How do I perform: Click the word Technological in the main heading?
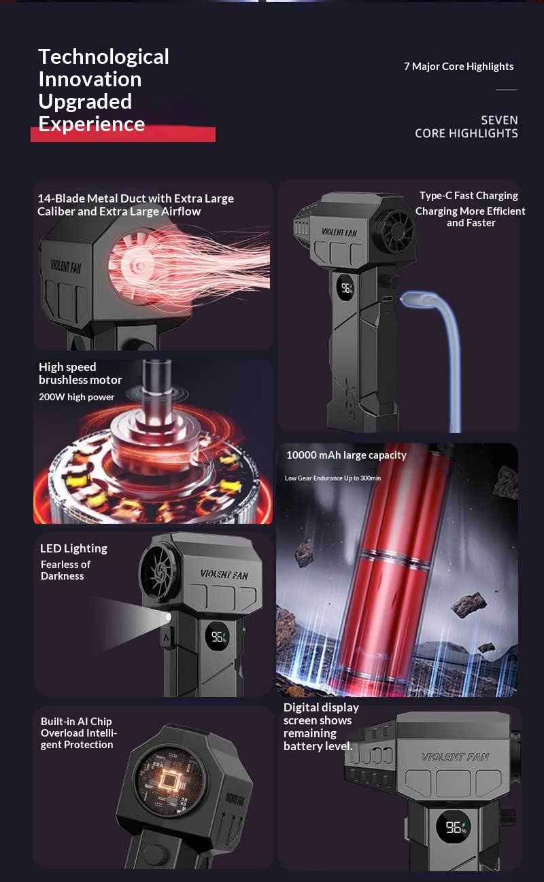click(103, 57)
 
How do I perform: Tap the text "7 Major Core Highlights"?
click(458, 67)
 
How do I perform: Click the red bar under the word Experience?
click(123, 135)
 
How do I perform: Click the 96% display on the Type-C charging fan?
click(346, 288)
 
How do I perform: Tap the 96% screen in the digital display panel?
click(454, 827)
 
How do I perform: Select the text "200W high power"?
click(76, 397)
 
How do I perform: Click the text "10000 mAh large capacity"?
click(346, 455)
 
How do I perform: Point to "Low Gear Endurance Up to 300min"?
click(333, 478)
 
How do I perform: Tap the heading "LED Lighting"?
click(73, 548)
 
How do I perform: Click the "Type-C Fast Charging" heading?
click(469, 196)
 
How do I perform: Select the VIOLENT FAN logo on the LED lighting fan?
click(224, 575)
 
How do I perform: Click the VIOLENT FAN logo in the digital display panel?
click(455, 757)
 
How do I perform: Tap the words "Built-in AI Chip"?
click(76, 722)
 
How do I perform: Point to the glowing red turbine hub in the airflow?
click(137, 266)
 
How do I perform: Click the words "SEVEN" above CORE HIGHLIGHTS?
click(499, 120)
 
